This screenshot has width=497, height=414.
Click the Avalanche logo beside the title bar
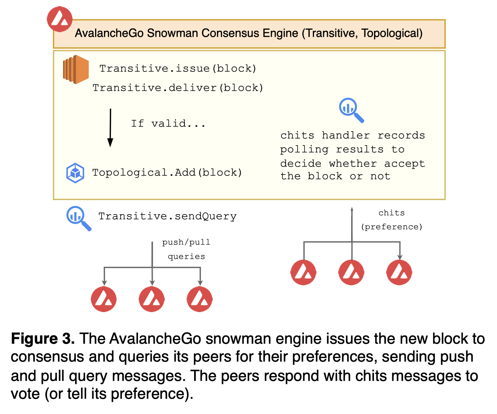[60, 19]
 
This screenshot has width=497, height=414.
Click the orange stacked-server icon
[75, 69]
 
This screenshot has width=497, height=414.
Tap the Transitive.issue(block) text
[178, 68]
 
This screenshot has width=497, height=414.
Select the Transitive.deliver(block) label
[178, 88]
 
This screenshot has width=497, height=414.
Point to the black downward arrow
[110, 128]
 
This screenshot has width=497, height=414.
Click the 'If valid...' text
[168, 124]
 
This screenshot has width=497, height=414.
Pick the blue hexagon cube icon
[75, 173]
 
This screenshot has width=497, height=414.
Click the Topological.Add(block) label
[167, 173]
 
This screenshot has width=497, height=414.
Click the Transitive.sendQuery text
[167, 216]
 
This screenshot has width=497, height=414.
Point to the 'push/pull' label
[186, 242]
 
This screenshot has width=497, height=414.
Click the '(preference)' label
[392, 227]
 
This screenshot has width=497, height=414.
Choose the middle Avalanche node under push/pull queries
[152, 299]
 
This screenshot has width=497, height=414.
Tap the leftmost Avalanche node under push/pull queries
[104, 299]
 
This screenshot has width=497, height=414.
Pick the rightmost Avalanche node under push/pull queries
[200, 299]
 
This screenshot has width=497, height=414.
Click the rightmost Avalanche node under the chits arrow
[399, 272]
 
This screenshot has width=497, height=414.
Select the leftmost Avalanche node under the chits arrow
[303, 272]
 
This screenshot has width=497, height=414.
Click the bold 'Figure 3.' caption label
[43, 339]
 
